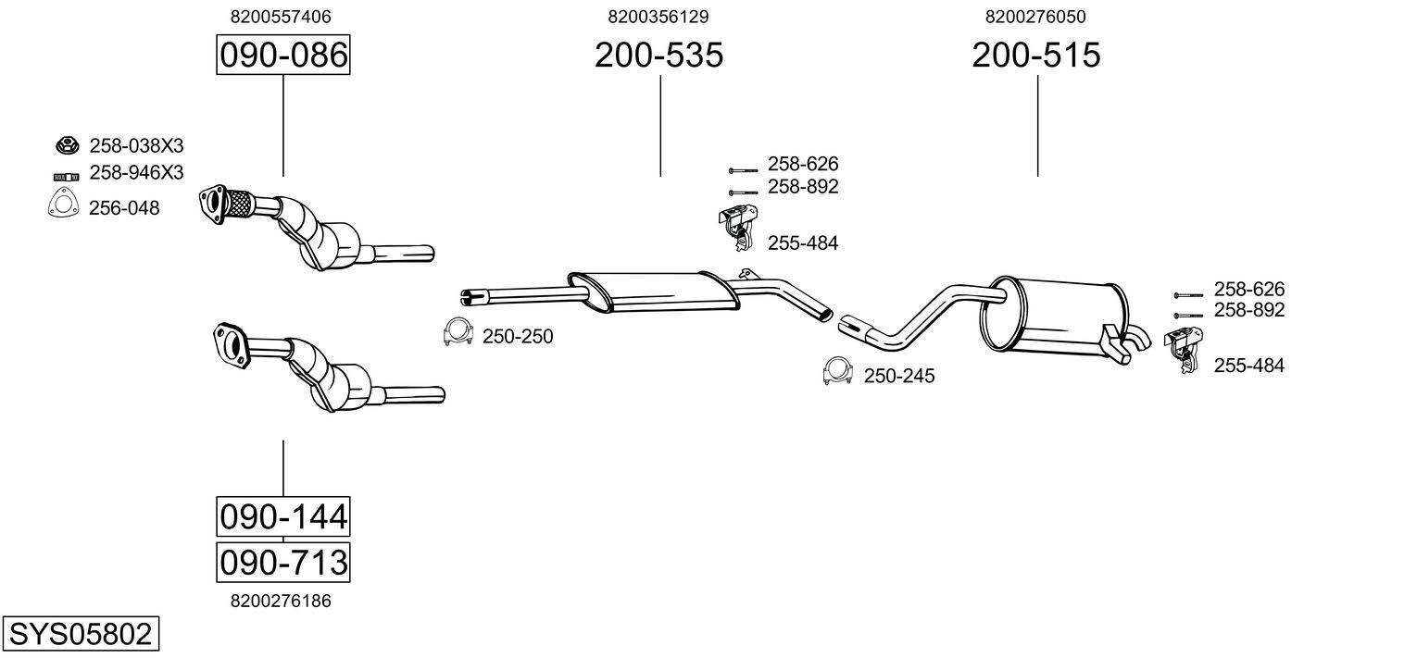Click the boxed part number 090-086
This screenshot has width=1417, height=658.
282,56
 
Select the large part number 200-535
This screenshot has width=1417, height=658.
658,56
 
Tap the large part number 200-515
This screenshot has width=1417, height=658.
1036,56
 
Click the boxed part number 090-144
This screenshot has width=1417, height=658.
282,515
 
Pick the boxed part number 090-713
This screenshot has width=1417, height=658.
282,562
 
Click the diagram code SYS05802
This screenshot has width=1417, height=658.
80,634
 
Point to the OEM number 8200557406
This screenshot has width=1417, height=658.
282,17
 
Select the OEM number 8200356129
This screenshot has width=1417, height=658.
658,17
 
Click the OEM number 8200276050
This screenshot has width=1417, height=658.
1036,17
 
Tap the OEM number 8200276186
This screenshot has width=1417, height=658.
282,601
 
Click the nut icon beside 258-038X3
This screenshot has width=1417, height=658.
67,145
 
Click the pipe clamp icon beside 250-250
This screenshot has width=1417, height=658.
458,332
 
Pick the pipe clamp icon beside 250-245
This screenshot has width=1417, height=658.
837,372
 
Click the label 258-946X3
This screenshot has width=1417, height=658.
136,173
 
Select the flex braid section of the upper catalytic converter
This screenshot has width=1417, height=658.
239,202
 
